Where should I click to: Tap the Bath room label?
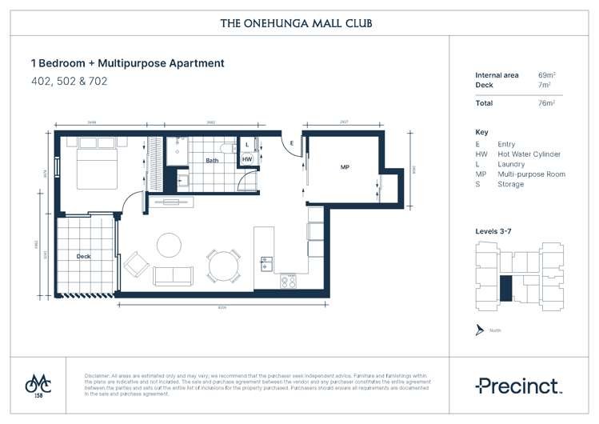pos(212,161)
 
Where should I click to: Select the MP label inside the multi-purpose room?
pos(345,167)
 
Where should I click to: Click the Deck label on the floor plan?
pos(83,257)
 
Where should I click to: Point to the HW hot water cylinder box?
pos(248,159)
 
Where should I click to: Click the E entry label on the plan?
pos(292,144)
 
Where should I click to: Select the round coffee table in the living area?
pos(169,243)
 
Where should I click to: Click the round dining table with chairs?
pos(223,265)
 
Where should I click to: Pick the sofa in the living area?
pos(173,275)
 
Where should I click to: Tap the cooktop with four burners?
pos(288,281)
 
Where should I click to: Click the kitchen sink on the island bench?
pos(266,262)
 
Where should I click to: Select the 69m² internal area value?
pos(547,75)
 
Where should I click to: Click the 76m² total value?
pos(547,103)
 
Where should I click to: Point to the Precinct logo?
pos(517,386)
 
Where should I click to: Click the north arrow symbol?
pos(479,330)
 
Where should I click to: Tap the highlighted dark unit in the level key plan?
pos(505,287)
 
